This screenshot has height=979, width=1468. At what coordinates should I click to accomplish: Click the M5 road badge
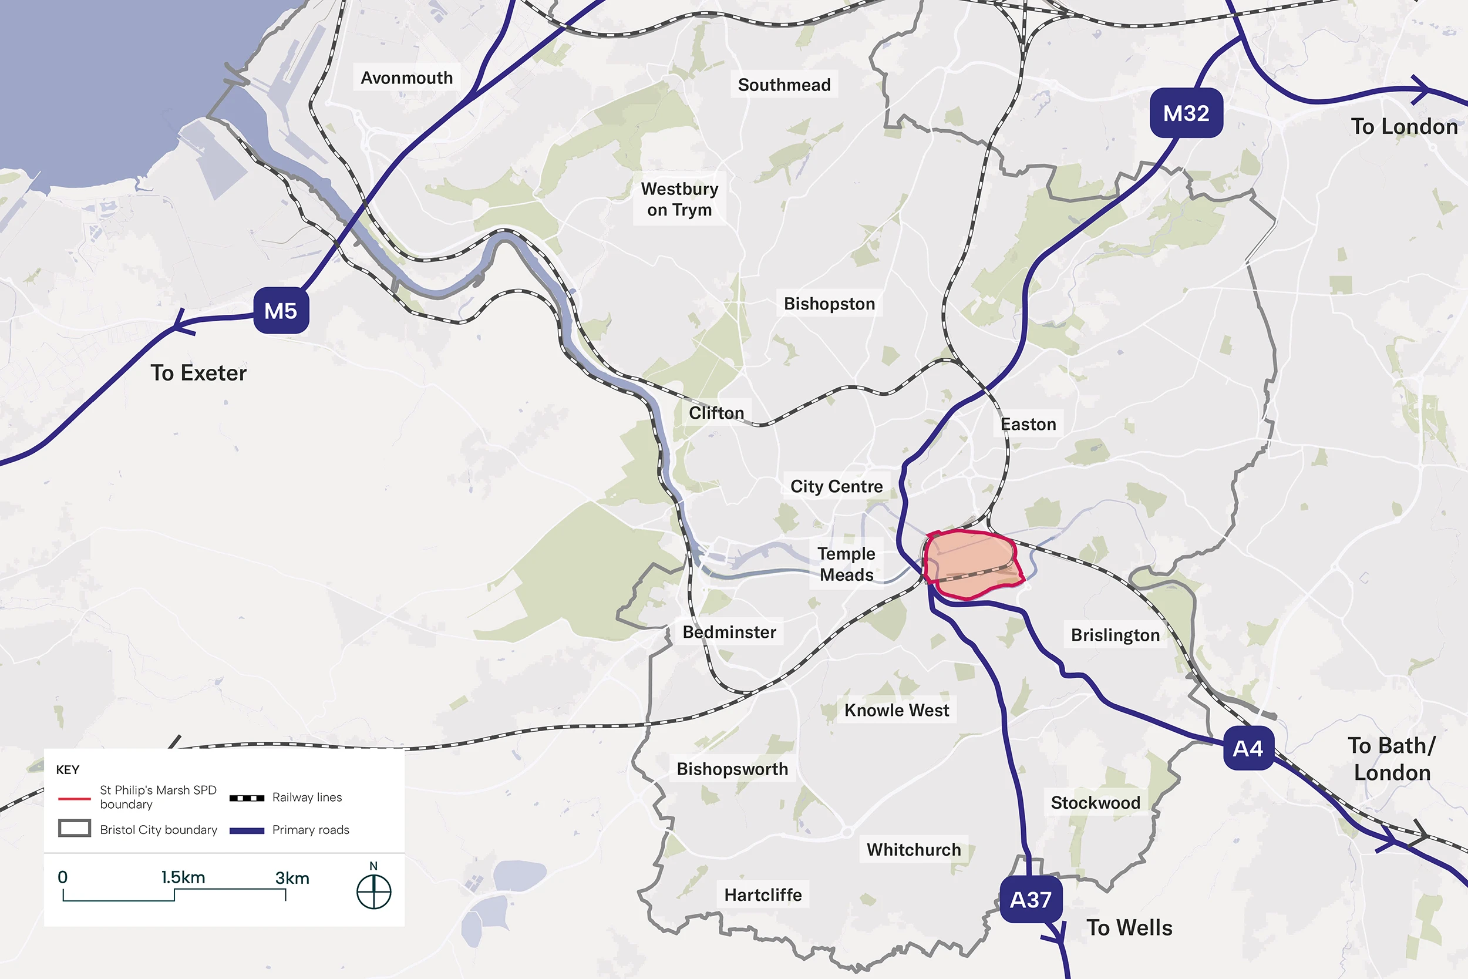point(281,310)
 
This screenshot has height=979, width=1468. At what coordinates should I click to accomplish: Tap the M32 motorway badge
point(1186,113)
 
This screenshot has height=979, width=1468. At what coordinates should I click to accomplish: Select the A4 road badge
point(1248,748)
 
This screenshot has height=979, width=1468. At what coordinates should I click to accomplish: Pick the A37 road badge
point(1031,900)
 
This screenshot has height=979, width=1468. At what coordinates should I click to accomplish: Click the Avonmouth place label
point(406,78)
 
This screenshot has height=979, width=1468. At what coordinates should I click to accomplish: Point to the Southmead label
point(784,85)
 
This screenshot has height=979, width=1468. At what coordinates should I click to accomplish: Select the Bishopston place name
point(829,304)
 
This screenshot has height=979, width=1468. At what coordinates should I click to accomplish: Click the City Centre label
point(836,486)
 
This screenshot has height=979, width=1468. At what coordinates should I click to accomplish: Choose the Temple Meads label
point(846,564)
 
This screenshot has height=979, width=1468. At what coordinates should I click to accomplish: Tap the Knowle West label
point(896,710)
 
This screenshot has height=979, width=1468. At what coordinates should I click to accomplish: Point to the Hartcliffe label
point(763,894)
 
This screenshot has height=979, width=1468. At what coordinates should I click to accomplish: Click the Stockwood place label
point(1095,802)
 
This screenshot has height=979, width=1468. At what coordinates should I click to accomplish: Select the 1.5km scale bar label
point(183,877)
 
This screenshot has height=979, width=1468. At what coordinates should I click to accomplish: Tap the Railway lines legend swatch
point(247,798)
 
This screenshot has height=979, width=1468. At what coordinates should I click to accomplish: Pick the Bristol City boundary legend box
point(74,829)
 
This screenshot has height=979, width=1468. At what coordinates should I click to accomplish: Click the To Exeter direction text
point(198,373)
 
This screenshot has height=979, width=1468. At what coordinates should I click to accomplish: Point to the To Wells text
point(1129,927)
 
